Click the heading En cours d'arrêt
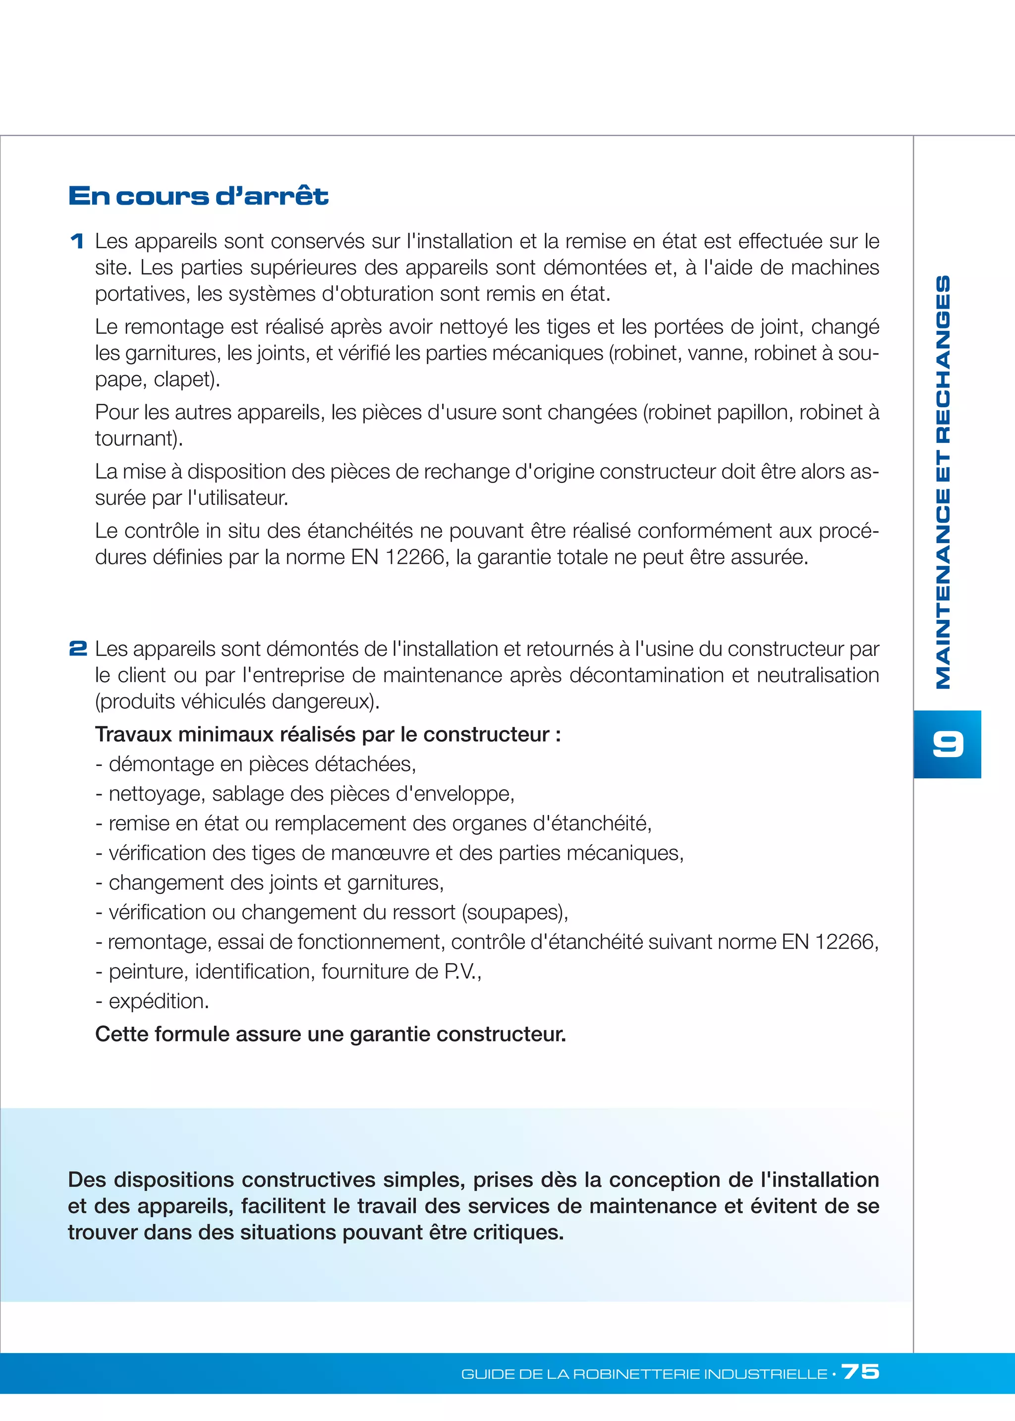pos(198,196)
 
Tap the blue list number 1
pos(77,241)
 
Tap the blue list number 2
pos(77,648)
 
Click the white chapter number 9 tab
pos(947,744)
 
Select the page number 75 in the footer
pos(861,1371)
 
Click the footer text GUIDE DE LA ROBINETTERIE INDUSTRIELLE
pos(644,1373)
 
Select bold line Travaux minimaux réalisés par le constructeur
pos(328,734)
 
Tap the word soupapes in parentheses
pos(515,912)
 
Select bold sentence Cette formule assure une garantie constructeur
pos(330,1034)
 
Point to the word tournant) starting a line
pos(139,438)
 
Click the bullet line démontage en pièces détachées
pos(256,764)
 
